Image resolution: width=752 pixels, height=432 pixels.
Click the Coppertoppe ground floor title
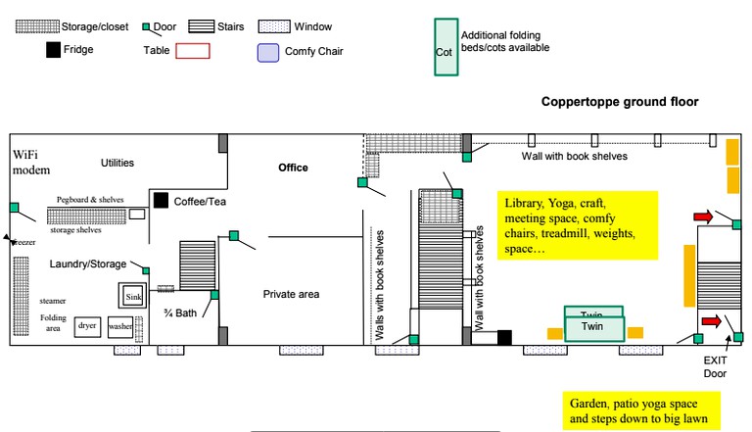[620, 102]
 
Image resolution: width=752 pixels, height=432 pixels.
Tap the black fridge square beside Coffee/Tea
[161, 200]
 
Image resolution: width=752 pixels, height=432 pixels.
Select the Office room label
[293, 168]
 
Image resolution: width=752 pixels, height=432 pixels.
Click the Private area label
[291, 294]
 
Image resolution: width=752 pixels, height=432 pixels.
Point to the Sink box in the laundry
[132, 295]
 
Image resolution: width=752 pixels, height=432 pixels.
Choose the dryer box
[87, 326]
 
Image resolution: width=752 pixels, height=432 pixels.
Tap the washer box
[120, 326]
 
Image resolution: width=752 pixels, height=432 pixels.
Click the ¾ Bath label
[180, 313]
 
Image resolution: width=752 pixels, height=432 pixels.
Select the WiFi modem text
[31, 163]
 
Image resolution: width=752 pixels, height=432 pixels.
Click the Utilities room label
[117, 163]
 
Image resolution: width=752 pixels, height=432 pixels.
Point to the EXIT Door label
[715, 366]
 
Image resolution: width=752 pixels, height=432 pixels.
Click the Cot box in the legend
[446, 47]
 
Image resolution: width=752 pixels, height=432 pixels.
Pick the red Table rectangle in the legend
[193, 51]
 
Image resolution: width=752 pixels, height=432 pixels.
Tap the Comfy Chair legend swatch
[268, 53]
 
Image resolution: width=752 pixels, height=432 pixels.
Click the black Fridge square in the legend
[53, 50]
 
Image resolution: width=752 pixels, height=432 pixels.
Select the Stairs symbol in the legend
[202, 26]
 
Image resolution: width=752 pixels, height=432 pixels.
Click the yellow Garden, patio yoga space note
[641, 410]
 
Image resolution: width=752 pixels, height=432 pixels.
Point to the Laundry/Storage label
[88, 264]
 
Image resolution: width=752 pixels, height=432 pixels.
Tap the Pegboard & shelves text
[90, 199]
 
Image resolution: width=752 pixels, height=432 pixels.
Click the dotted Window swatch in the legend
[274, 26]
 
